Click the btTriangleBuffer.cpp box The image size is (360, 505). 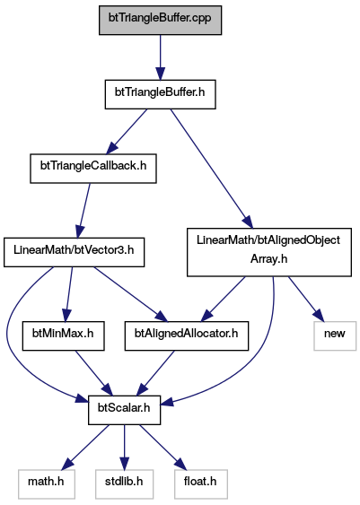pos(160,20)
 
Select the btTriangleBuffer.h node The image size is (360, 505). pos(160,94)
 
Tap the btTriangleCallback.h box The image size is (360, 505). pos(93,169)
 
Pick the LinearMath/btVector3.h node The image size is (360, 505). pos(75,252)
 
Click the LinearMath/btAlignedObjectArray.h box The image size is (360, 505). pos(269,252)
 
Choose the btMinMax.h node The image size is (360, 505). pos(63,335)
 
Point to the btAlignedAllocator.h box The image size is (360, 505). pos(187,335)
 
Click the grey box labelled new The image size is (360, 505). pos(335,335)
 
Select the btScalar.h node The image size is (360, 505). pos(125,410)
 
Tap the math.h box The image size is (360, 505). pos(47,484)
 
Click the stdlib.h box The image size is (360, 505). pos(124,484)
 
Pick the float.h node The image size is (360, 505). pos(201,484)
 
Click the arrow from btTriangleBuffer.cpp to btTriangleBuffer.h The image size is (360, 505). pos(160,57)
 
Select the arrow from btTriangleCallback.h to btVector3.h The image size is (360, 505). pos(83,211)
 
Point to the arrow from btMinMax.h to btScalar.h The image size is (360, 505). pos(93,373)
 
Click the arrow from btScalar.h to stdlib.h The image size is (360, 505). pos(125,447)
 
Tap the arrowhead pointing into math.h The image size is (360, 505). pos(68,464)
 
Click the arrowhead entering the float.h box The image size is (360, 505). pos(180,464)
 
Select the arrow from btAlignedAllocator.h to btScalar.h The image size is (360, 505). pos(155,373)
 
